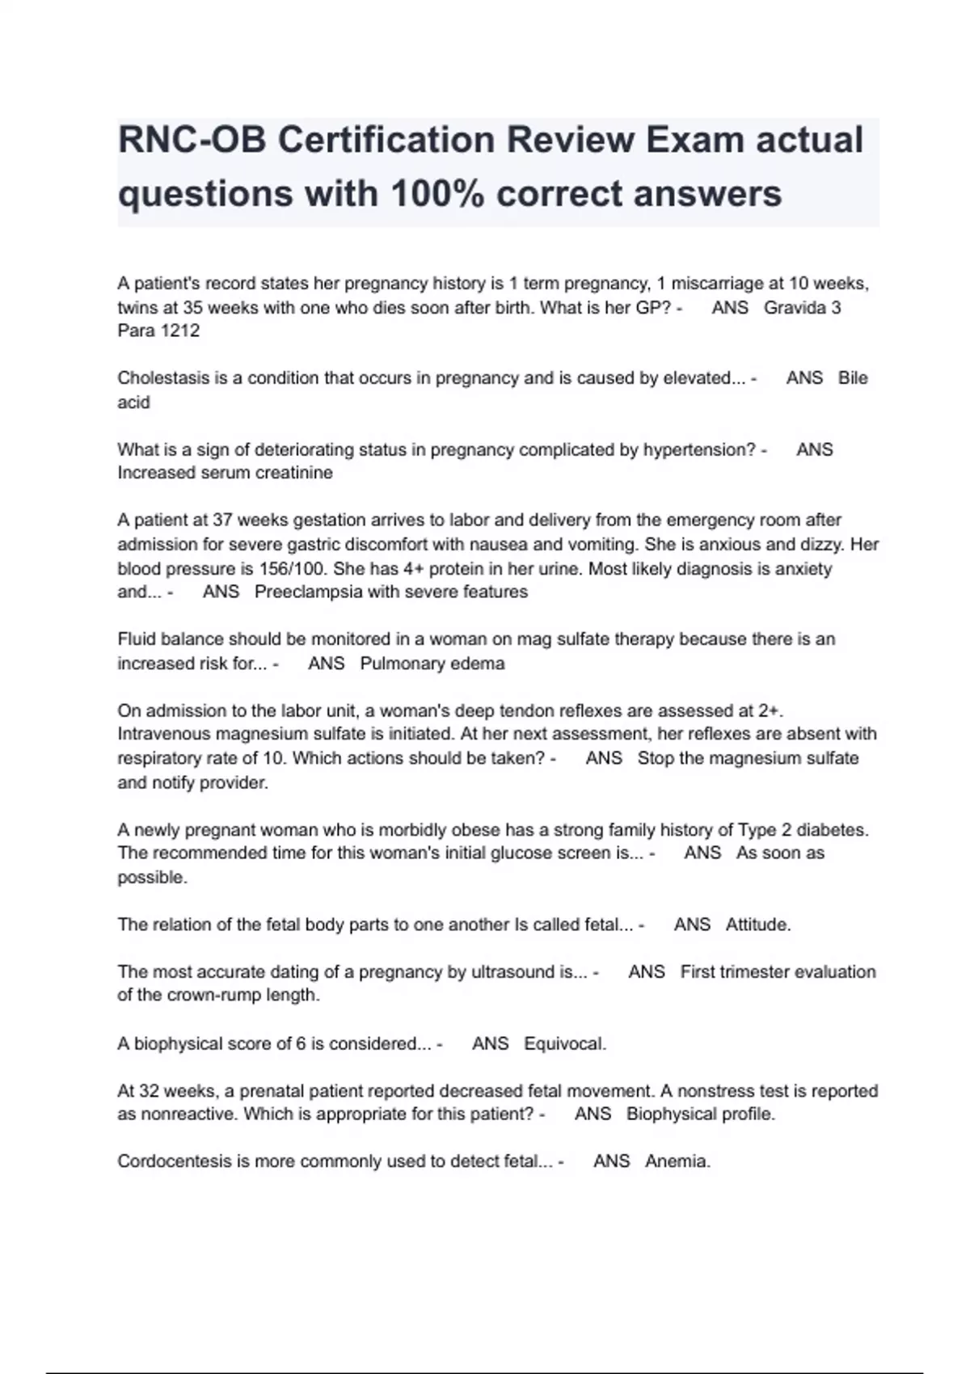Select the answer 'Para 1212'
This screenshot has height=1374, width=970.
(x=158, y=331)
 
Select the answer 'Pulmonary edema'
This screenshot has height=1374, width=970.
(x=432, y=664)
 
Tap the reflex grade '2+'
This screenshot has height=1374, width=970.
(x=769, y=710)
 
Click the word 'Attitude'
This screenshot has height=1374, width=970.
(x=757, y=925)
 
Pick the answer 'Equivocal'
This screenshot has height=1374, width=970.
(x=563, y=1043)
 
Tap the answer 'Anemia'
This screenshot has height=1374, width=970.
(x=677, y=1161)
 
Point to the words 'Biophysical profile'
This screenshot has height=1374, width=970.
(x=700, y=1114)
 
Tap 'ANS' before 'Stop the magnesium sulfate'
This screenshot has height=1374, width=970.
(x=604, y=758)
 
